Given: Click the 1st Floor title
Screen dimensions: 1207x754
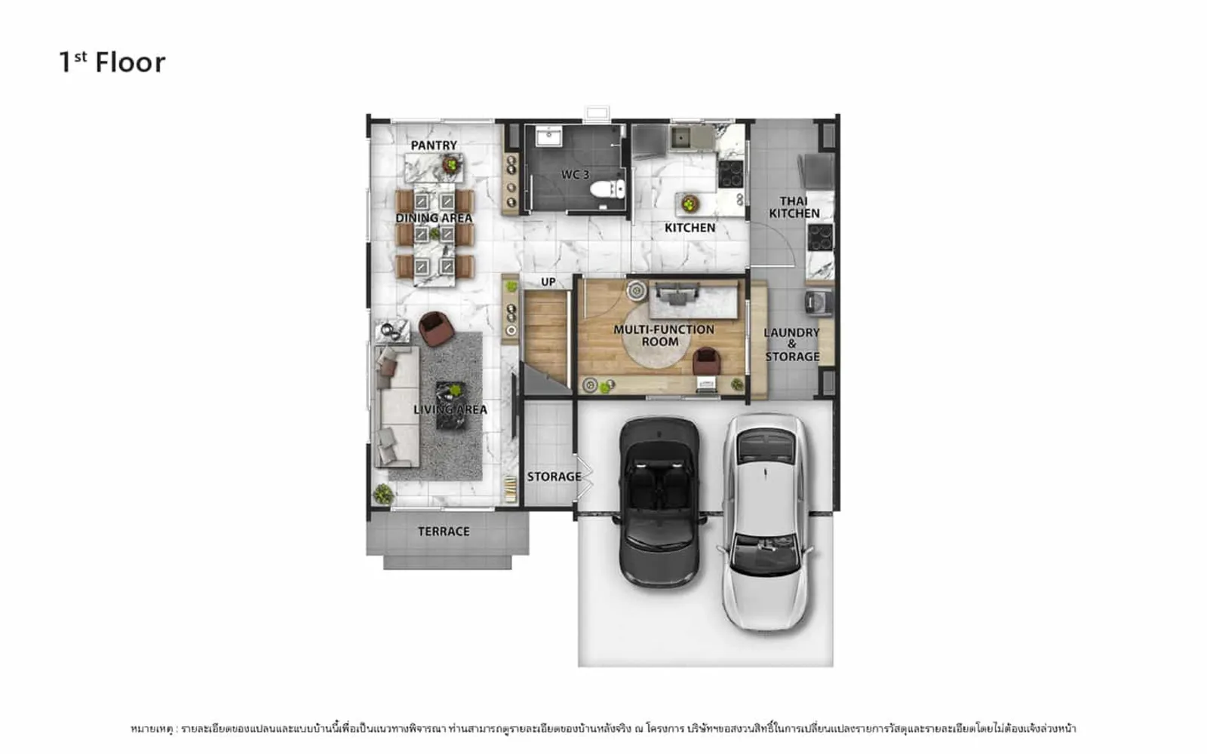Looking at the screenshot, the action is click(112, 62).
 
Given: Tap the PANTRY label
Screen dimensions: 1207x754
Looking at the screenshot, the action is click(434, 146).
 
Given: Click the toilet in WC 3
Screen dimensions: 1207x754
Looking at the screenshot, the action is click(607, 189).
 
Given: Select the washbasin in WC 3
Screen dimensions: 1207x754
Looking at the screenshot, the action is click(548, 136).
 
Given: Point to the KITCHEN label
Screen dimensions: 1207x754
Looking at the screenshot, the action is click(689, 228).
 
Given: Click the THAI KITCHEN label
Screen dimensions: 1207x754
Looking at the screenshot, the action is click(794, 207).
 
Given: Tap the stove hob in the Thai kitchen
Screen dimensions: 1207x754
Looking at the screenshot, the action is click(820, 238).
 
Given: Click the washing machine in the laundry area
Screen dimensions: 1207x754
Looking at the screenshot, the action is click(818, 302).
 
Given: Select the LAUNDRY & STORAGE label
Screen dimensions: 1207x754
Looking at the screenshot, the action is click(792, 345).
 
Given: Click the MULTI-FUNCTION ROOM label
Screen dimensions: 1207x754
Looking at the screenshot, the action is click(664, 336).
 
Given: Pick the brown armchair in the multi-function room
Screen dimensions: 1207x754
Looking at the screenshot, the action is click(706, 361).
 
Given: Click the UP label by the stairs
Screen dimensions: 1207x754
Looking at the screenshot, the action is click(548, 282).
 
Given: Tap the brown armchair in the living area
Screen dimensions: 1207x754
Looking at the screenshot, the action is click(436, 329).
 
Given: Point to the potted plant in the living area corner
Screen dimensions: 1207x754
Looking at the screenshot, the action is click(383, 494).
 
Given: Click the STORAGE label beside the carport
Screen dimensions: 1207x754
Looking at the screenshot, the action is click(554, 477).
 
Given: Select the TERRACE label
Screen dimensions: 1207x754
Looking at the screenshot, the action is click(444, 532).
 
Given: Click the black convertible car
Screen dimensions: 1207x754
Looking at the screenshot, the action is click(659, 502).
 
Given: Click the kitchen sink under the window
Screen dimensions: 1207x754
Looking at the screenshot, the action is click(680, 139).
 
